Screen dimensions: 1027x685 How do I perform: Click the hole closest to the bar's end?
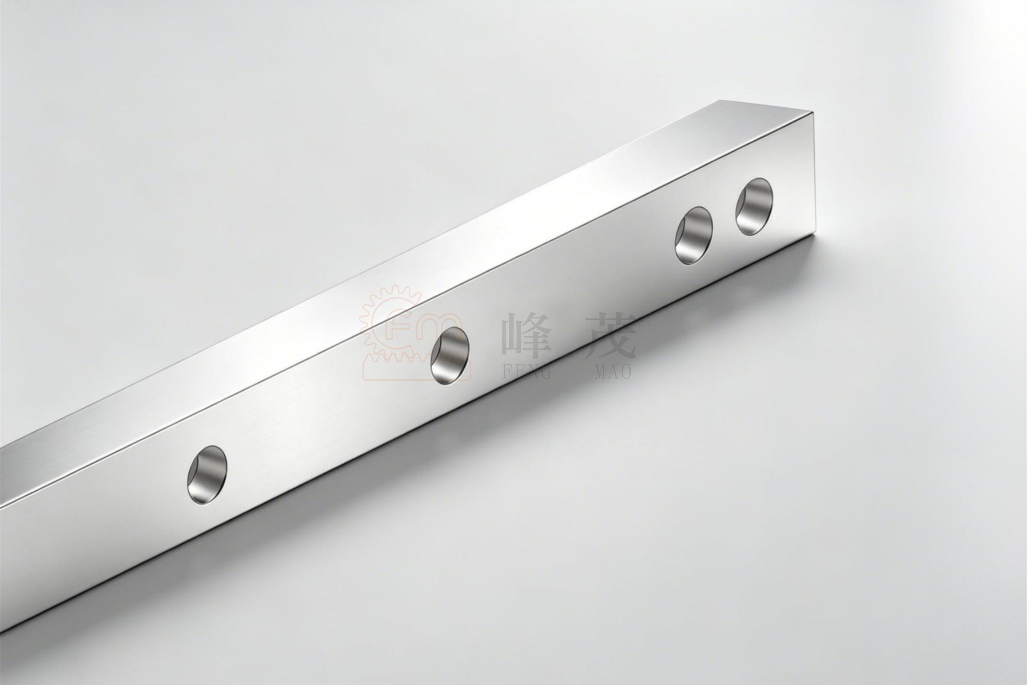click(754, 206)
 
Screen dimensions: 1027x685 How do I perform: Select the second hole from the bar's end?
click(694, 235)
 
